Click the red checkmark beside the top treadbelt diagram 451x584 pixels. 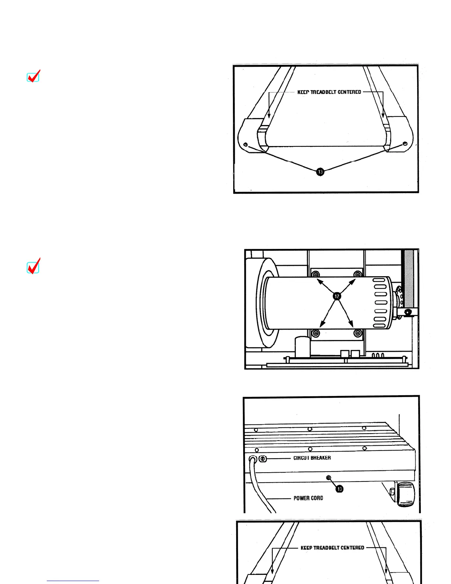point(34,76)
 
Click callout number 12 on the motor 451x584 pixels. point(337,296)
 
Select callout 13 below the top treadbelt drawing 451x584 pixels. point(320,171)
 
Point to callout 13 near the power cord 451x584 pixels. point(339,489)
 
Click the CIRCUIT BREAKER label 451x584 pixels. point(312,458)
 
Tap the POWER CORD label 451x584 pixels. point(308,498)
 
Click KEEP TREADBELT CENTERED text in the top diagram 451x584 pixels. point(329,92)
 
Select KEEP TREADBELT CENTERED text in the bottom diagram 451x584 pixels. point(332,548)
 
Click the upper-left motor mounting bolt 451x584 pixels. point(316,275)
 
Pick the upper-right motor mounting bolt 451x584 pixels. point(357,274)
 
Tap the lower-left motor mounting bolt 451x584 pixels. point(316,334)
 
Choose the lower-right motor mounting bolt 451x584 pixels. point(357,334)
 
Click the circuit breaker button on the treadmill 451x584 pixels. point(263,459)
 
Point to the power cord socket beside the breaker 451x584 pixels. point(253,459)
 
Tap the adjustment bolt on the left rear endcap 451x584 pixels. point(245,144)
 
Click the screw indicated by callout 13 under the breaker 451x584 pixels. point(329,478)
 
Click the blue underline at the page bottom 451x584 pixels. point(73,581)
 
